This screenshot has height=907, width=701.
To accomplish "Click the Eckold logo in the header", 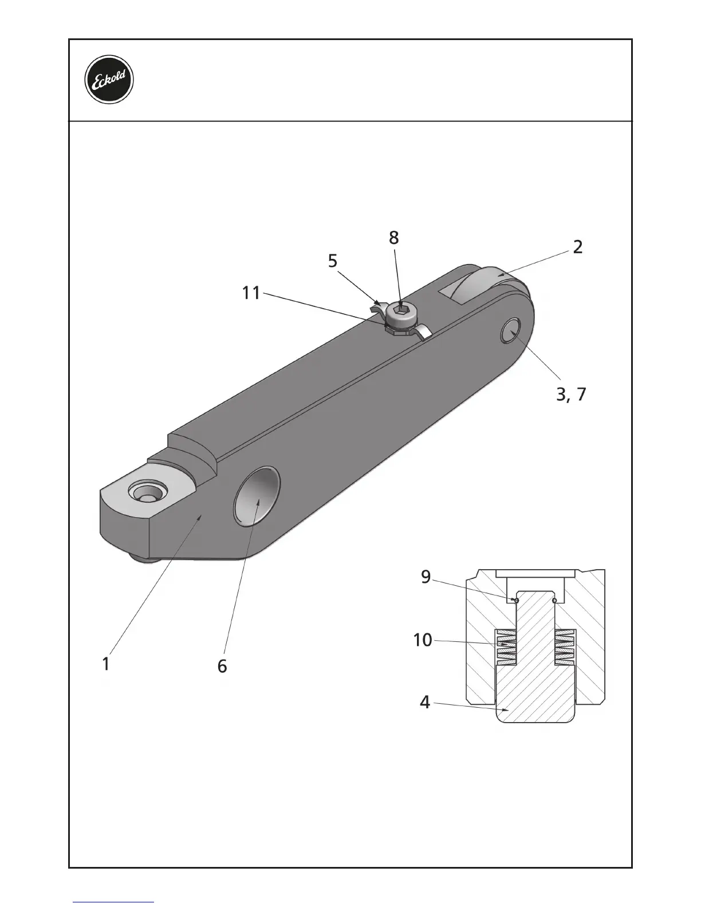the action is [109, 80].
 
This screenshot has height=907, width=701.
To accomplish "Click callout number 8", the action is [393, 238].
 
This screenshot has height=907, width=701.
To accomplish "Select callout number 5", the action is [333, 261].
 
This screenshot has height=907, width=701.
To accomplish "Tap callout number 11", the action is [251, 293].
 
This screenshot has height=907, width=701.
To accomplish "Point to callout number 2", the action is [578, 247].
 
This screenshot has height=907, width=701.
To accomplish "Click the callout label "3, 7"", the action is [571, 394].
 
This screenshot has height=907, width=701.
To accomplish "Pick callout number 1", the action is [105, 664].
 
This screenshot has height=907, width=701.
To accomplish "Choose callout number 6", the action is [222, 666].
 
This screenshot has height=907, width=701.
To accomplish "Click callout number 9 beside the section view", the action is [426, 577].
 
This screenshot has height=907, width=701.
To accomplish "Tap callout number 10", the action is [423, 640].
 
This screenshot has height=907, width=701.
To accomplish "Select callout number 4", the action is [424, 701].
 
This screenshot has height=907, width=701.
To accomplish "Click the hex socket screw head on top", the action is [399, 311].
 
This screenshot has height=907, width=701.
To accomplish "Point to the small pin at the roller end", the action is [510, 330].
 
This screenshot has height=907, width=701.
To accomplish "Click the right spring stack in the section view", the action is [565, 647].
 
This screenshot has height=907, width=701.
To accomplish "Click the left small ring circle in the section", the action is [516, 600].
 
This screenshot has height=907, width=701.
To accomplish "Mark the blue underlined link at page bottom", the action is [113, 902].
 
